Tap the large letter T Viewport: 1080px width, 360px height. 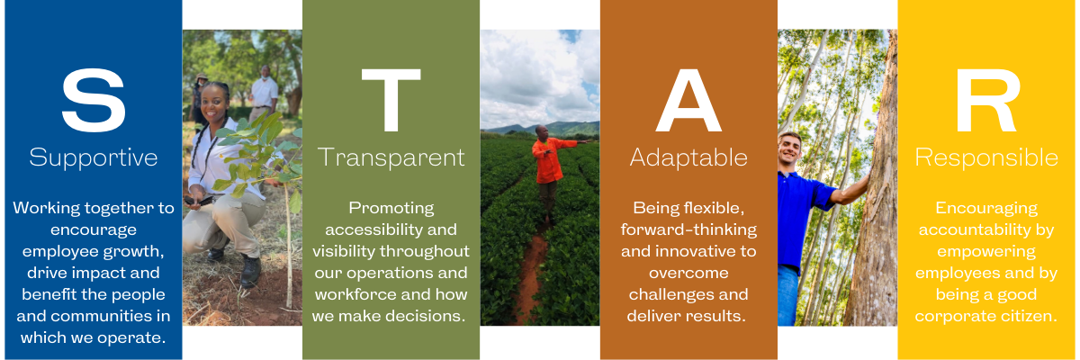[391, 100]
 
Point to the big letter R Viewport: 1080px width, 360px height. [987, 100]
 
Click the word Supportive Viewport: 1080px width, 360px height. [94, 158]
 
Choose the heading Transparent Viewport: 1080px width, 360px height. [391, 157]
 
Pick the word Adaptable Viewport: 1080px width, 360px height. [688, 157]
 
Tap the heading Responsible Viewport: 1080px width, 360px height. [986, 157]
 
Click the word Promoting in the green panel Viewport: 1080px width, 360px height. [391, 209]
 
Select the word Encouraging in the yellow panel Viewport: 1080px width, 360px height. [986, 209]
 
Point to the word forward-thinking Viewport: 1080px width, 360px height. [688, 229]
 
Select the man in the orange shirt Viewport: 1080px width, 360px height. [551, 174]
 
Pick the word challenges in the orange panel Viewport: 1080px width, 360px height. [688, 294]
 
